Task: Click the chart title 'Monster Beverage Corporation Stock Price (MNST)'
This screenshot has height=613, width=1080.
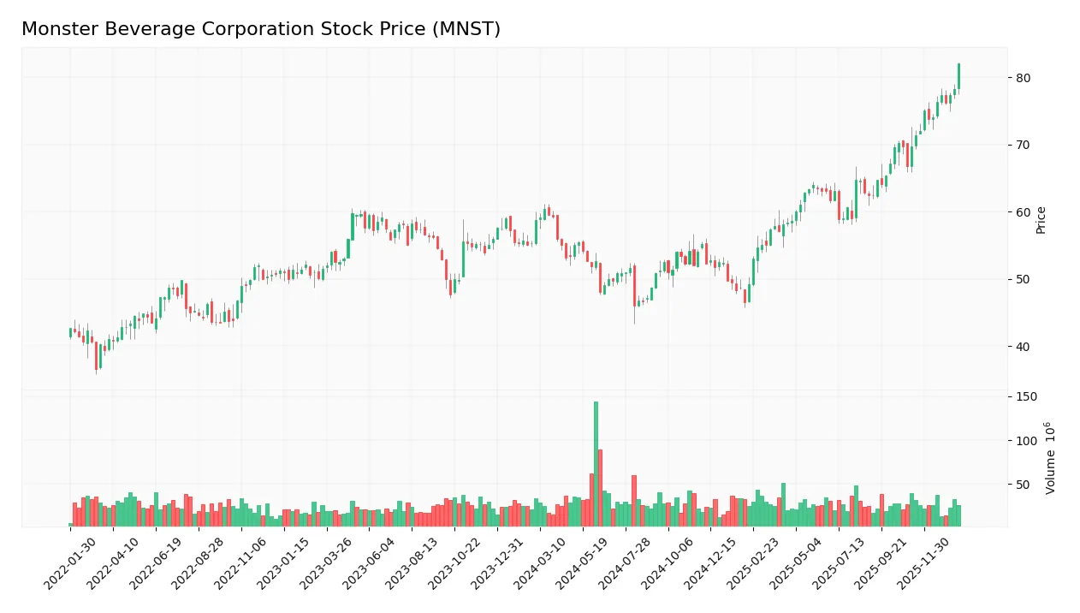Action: [x=261, y=29]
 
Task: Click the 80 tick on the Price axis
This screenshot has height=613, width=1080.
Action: [x=1024, y=78]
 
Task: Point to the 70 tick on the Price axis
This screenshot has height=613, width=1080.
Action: [x=1024, y=145]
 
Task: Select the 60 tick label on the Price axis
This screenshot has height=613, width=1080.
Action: [x=1024, y=212]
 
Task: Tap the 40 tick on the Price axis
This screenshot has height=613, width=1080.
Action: [x=1024, y=346]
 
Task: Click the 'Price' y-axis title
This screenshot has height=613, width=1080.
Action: [x=1041, y=220]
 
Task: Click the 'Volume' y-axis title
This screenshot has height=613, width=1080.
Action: [x=1050, y=458]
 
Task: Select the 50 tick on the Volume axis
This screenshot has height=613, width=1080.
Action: [x=1024, y=485]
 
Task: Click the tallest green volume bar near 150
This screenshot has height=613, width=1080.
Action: [x=596, y=462]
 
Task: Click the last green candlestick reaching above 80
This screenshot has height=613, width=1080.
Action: [x=958, y=75]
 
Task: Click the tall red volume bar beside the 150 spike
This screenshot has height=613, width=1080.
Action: [x=600, y=486]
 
